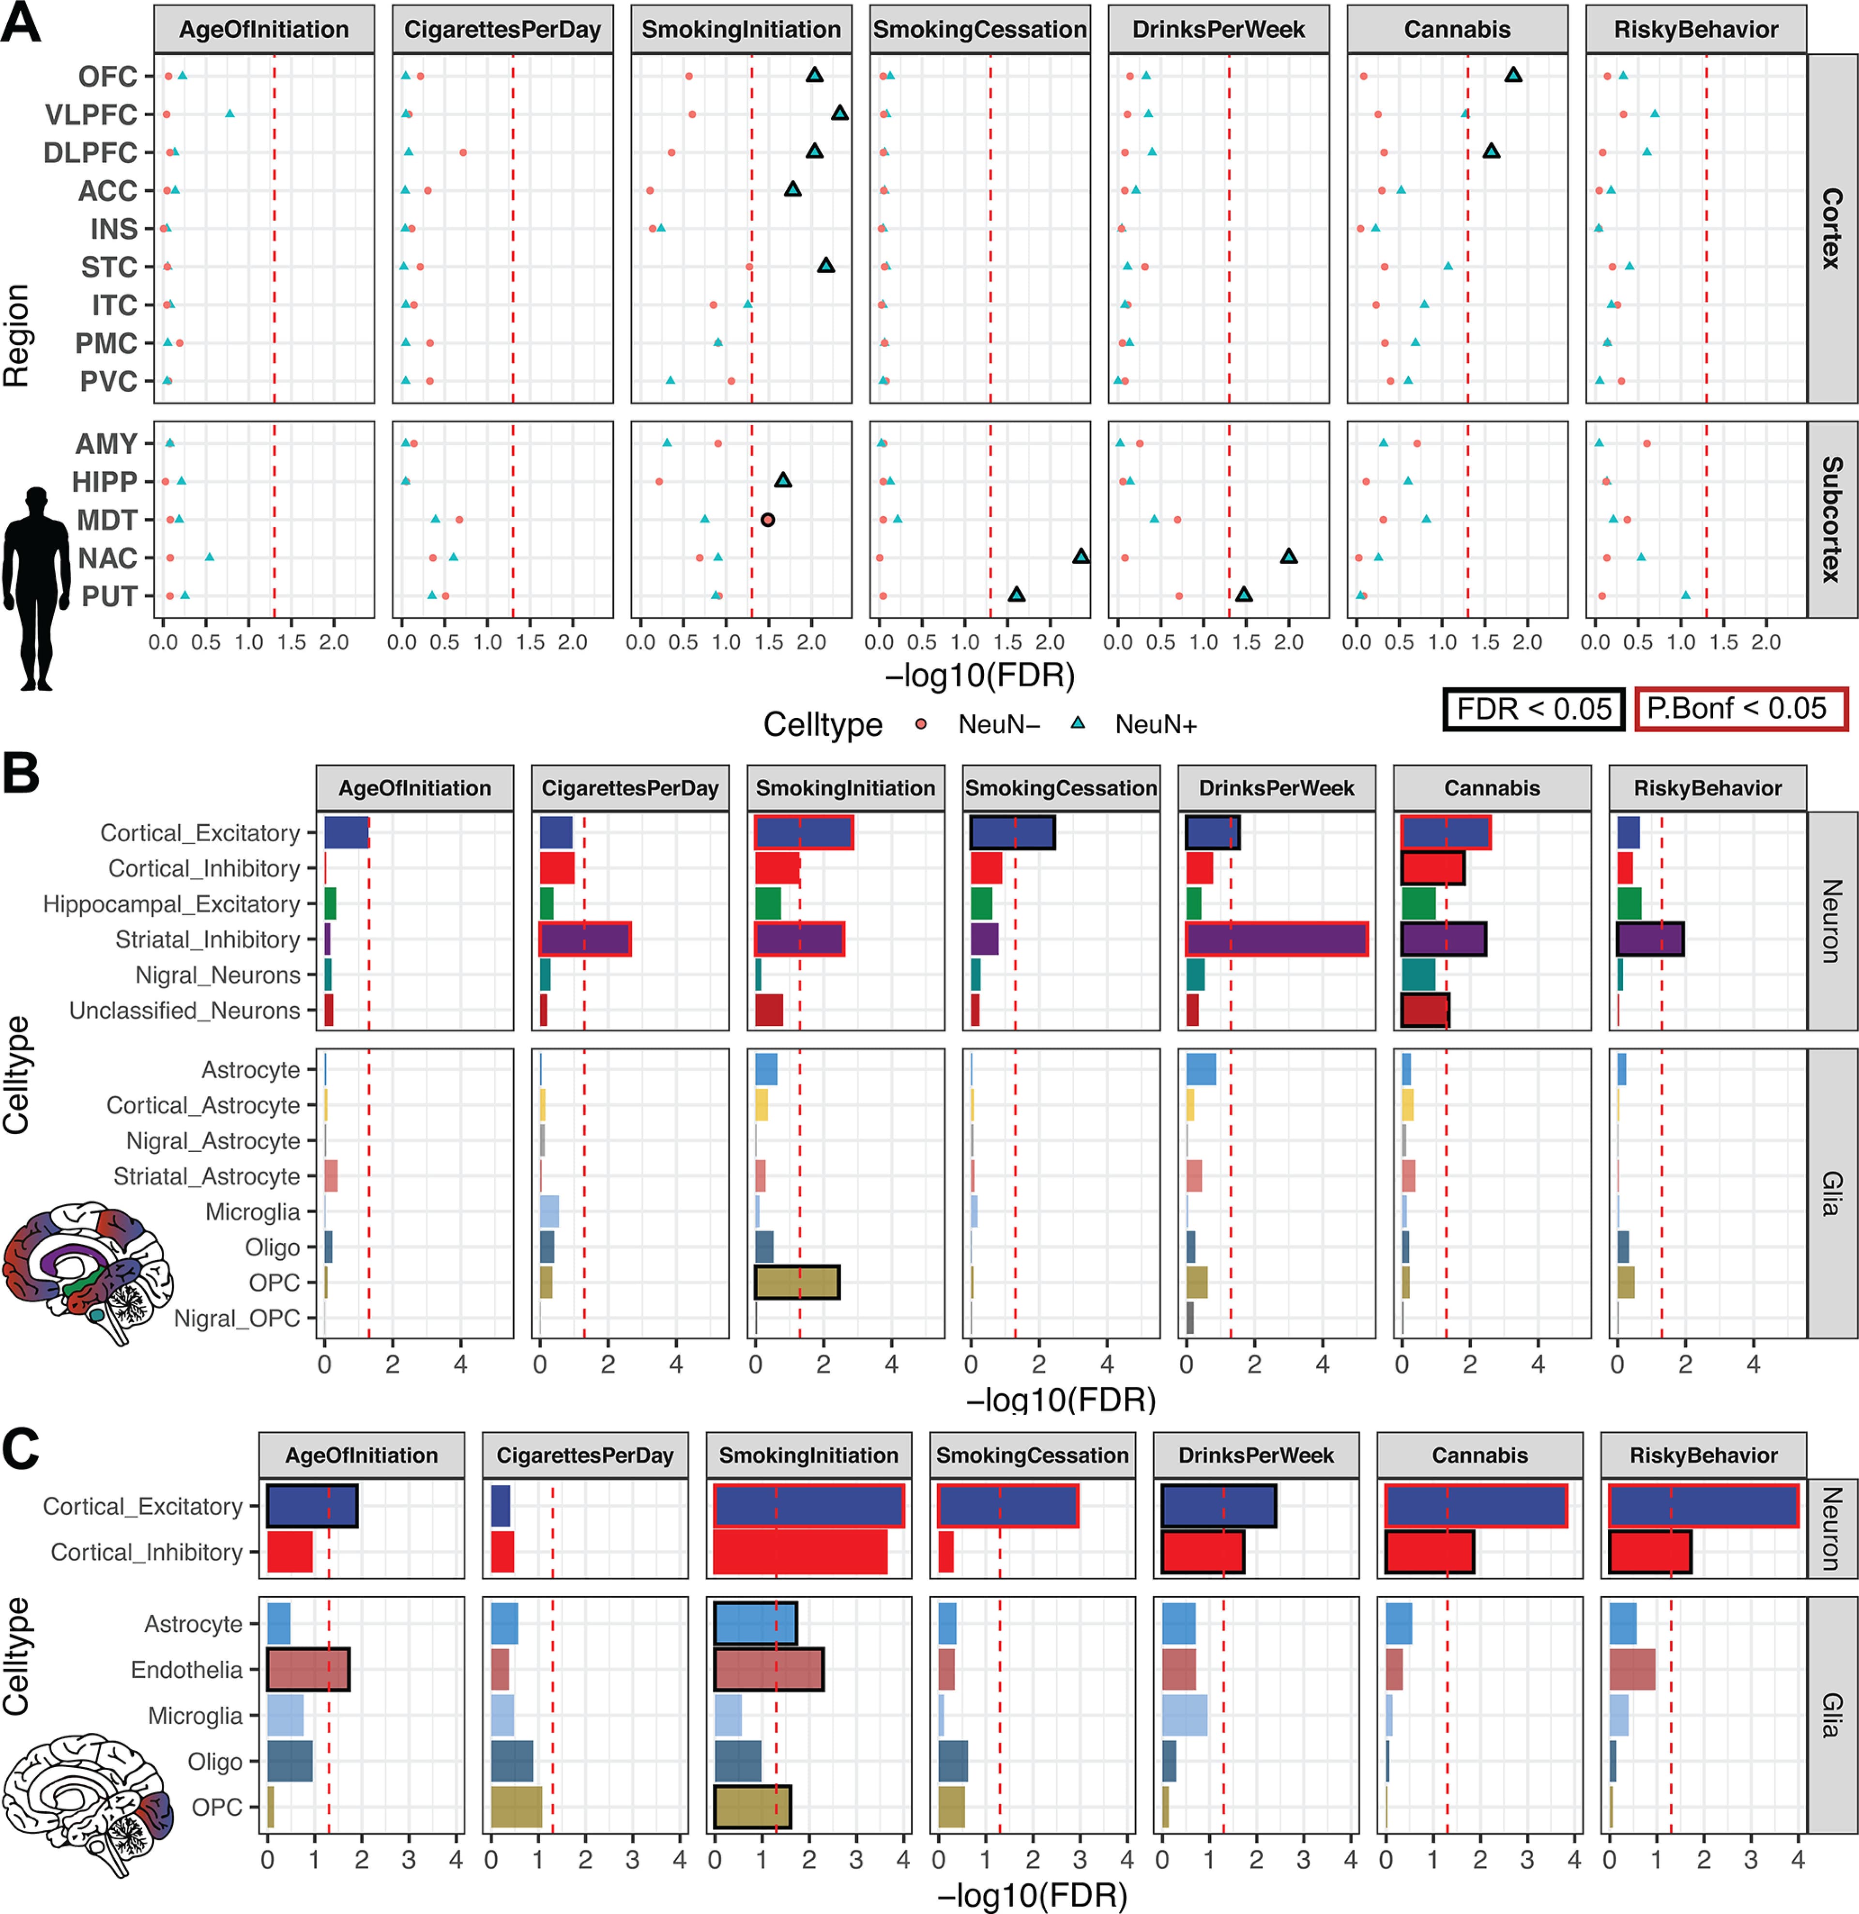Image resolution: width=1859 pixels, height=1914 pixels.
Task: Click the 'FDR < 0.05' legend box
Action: click(1533, 709)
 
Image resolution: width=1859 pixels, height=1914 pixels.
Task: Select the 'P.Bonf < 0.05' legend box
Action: click(1741, 709)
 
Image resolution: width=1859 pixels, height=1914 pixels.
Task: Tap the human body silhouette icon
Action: click(37, 586)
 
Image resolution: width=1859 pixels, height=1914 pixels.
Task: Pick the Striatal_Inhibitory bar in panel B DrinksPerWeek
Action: click(1276, 940)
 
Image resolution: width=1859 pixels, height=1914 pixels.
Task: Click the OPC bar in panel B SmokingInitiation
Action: click(797, 1282)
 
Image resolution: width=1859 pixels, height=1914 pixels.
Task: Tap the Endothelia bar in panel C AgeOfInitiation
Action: click(307, 1670)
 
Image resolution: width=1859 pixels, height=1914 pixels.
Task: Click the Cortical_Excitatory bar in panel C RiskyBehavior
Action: click(1703, 1506)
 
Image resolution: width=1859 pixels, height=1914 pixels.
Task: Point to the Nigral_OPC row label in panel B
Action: click(237, 1318)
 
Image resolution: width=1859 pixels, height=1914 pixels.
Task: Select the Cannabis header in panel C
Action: click(1479, 1455)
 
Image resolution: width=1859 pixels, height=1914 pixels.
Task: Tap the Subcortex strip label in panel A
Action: click(1831, 520)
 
